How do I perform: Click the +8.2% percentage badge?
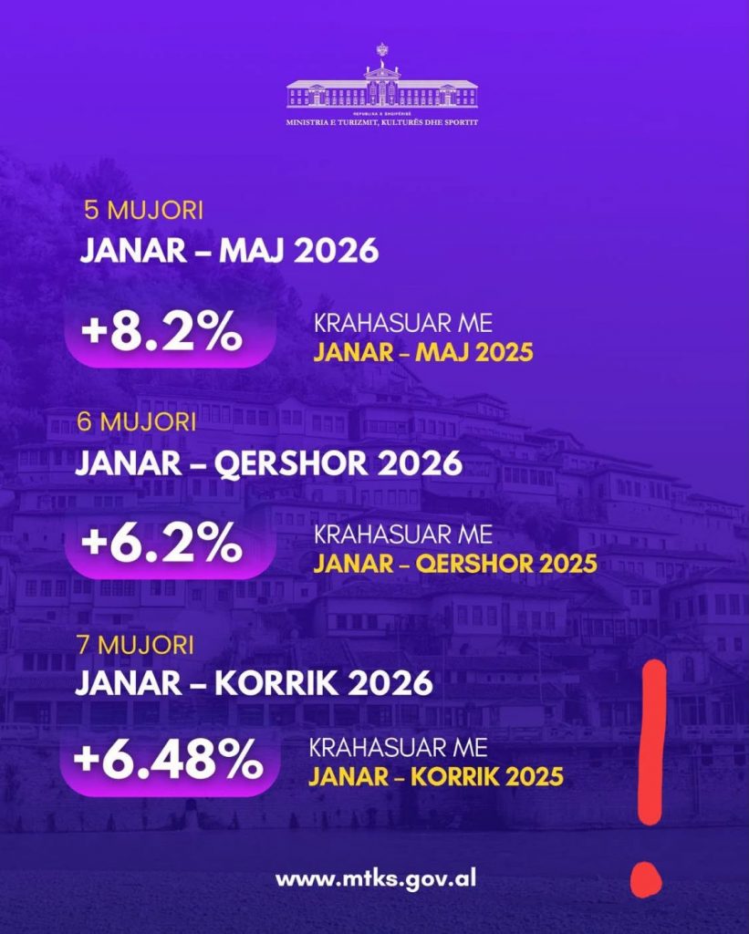[170, 336]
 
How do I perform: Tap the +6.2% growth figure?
[170, 546]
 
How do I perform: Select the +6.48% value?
[170, 763]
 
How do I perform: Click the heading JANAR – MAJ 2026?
[229, 250]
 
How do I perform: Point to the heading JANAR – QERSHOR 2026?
[269, 462]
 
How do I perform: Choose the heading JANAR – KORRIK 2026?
[254, 683]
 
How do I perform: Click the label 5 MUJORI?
[143, 211]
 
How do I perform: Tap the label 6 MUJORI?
[137, 422]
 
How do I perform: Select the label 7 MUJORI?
[135, 645]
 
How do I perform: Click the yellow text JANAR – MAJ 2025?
[423, 352]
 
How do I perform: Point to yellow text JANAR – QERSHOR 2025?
[455, 564]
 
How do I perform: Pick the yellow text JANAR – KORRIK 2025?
[435, 777]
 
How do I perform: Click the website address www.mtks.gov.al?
[376, 879]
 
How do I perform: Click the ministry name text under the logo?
[382, 123]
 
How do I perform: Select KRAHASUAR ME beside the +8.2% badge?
[403, 324]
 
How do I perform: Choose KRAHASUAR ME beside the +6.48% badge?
[398, 748]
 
